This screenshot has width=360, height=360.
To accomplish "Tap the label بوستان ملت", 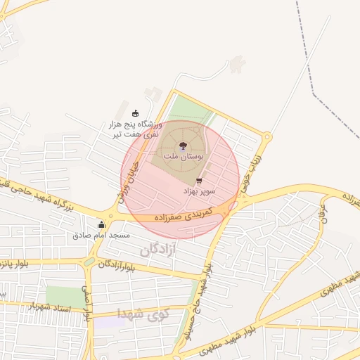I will point(183,157).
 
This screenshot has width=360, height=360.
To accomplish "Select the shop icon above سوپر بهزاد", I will point(199,181).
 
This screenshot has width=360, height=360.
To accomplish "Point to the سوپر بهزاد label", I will point(200,191).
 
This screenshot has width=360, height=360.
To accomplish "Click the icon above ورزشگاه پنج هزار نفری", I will point(135,113).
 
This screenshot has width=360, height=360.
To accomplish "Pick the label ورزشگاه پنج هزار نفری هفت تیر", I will point(134,129).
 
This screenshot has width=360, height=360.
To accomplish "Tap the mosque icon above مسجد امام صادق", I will point(101,225).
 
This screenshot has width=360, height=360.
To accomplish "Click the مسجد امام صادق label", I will point(101,236).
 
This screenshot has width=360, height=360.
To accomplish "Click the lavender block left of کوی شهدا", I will point(107,322).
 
